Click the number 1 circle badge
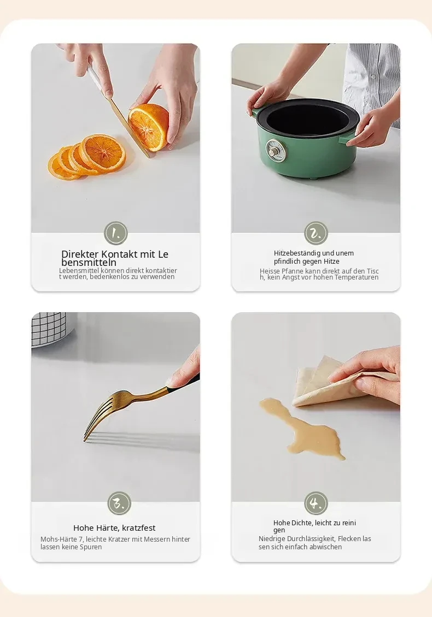point(116,233)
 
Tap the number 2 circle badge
point(316,233)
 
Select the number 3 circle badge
point(119,503)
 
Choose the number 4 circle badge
point(316,503)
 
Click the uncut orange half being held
point(149,127)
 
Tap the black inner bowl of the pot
point(308,117)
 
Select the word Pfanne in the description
point(293,271)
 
